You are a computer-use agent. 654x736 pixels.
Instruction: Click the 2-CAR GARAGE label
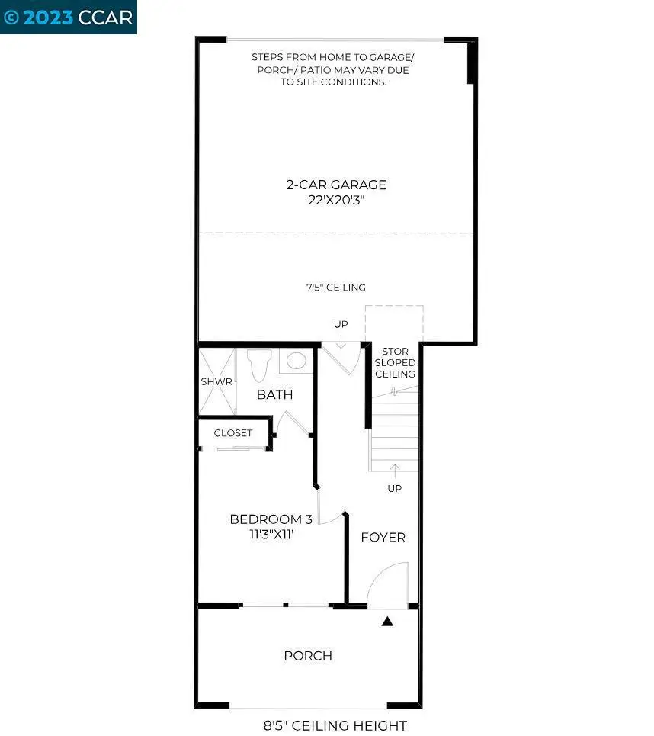tap(336, 185)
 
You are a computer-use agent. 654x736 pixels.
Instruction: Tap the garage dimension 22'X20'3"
tap(336, 199)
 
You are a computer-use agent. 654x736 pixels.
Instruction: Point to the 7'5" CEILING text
tap(336, 288)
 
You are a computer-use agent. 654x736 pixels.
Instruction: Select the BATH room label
tap(274, 394)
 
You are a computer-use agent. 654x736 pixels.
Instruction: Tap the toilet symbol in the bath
tap(260, 364)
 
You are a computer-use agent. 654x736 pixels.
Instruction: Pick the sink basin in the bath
tap(295, 361)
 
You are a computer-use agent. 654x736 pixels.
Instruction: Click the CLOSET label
tap(232, 433)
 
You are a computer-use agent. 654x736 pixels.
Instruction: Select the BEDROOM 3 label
tap(271, 519)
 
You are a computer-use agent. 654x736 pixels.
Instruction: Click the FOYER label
tap(383, 538)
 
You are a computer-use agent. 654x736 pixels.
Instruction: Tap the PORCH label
tap(308, 656)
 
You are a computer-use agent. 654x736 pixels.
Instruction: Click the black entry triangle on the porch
tap(387, 622)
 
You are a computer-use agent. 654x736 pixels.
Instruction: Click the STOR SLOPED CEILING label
tap(394, 363)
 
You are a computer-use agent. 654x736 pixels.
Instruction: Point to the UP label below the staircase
tap(394, 488)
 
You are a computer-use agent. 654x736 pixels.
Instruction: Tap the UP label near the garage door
tap(340, 324)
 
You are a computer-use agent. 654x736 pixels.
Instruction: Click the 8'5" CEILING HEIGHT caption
tap(336, 725)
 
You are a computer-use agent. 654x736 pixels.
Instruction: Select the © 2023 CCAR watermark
tap(69, 17)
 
